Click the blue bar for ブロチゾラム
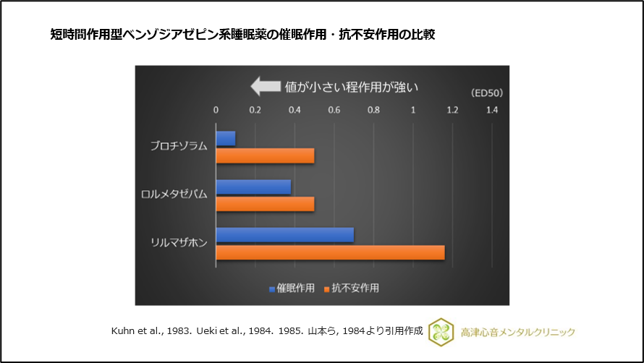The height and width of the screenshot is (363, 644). pos(226,139)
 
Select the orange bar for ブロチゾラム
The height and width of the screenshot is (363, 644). pos(265,155)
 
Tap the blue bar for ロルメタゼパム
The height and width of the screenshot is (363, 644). pos(253,187)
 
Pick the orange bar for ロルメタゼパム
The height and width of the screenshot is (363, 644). pos(265,203)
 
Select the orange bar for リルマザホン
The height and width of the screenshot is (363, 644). pos(330,252)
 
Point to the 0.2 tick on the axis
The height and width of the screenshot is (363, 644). pos(255,111)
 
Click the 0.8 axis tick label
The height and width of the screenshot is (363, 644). pos(373,111)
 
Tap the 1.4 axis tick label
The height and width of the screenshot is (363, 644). pos(492,111)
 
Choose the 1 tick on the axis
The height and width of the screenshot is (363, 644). pos(413,111)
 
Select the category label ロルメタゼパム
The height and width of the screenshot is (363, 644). pos(174,195)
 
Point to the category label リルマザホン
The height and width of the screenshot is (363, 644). pos(178,243)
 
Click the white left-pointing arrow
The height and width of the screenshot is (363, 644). pos(264,87)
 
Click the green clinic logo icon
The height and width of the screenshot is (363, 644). pos(441,332)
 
